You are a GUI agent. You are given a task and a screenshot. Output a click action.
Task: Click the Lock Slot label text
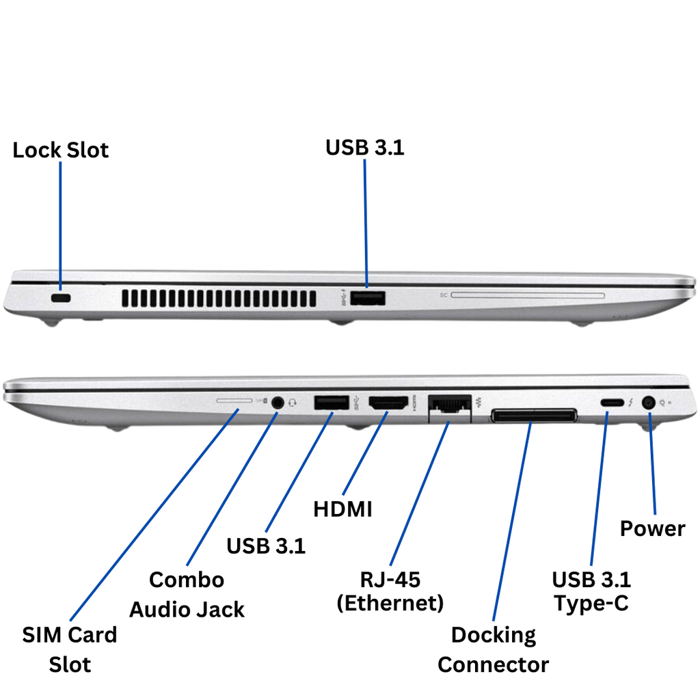60,150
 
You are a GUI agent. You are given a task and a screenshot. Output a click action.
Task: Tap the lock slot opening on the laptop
62,299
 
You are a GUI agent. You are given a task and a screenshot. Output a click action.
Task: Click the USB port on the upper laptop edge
368,298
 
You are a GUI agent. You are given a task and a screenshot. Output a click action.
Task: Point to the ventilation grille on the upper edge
219,298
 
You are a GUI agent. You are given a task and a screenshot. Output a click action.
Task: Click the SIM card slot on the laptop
228,401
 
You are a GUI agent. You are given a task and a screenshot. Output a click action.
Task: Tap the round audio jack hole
277,402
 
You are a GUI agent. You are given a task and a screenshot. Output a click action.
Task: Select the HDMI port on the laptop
388,403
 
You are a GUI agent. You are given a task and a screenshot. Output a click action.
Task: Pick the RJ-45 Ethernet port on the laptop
449,406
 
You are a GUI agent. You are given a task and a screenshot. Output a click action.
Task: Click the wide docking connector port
533,415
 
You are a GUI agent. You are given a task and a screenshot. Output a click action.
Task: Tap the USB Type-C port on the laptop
611,403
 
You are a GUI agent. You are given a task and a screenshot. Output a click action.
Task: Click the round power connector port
648,403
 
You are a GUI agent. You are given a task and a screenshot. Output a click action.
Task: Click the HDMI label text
342,509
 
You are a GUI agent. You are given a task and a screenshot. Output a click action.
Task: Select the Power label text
652,528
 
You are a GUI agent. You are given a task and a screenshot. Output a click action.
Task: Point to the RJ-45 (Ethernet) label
390,591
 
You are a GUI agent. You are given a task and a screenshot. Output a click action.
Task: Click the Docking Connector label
493,649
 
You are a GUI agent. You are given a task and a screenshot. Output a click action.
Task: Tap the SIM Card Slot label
70,649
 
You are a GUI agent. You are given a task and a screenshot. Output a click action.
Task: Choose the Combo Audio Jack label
187,594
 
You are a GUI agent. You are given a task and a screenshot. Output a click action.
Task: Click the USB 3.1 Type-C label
591,591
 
